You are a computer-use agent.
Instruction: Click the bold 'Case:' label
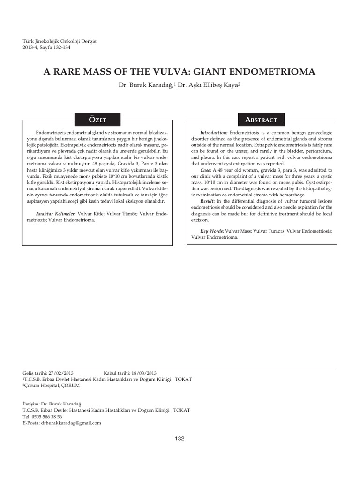205,170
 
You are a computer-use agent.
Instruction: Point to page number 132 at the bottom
180,438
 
